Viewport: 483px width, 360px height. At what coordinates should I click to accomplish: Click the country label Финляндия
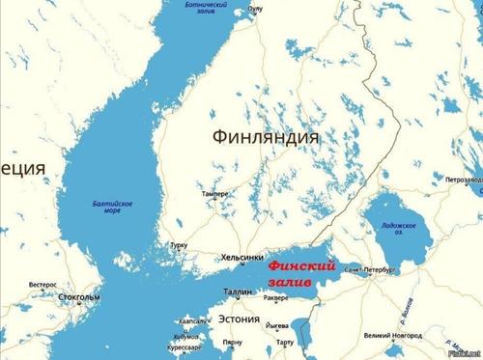[x=267, y=138]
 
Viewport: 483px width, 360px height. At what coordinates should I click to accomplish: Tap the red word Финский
[x=301, y=263]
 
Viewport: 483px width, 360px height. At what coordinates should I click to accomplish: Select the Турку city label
[x=179, y=246]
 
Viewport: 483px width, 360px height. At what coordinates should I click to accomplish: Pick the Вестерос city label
[x=43, y=285]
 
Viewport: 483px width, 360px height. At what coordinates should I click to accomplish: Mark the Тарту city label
[x=284, y=343]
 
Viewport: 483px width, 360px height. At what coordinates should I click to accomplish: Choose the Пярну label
[x=232, y=343]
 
